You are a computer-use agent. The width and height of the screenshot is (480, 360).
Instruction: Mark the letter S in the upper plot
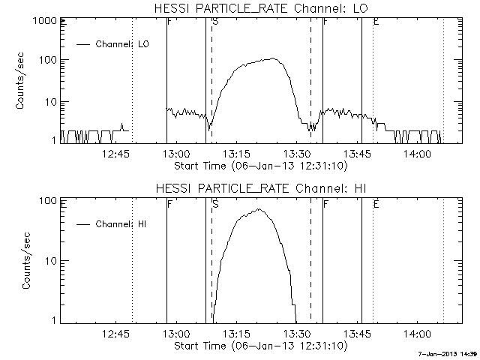coord(215,22)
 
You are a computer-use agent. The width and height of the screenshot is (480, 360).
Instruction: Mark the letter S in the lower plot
coord(215,203)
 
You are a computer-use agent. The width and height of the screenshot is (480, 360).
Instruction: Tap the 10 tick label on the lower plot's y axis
coord(46,261)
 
